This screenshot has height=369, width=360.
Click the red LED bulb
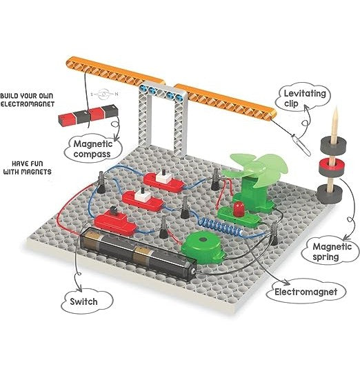[x=238, y=208]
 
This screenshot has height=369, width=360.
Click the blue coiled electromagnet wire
[x=221, y=226]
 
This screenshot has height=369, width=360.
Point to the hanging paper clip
[x=302, y=146]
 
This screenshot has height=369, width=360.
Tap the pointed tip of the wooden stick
[x=337, y=108]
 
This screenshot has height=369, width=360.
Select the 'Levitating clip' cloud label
[x=304, y=97]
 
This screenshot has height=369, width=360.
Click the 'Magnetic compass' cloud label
[x=93, y=148]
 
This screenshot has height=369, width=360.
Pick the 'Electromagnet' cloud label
[x=306, y=292]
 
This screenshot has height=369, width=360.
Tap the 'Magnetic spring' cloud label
[x=331, y=251]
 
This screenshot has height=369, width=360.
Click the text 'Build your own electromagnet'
[x=28, y=100]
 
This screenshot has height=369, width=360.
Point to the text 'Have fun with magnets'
[x=28, y=168]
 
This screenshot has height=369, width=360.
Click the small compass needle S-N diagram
[x=104, y=94]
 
